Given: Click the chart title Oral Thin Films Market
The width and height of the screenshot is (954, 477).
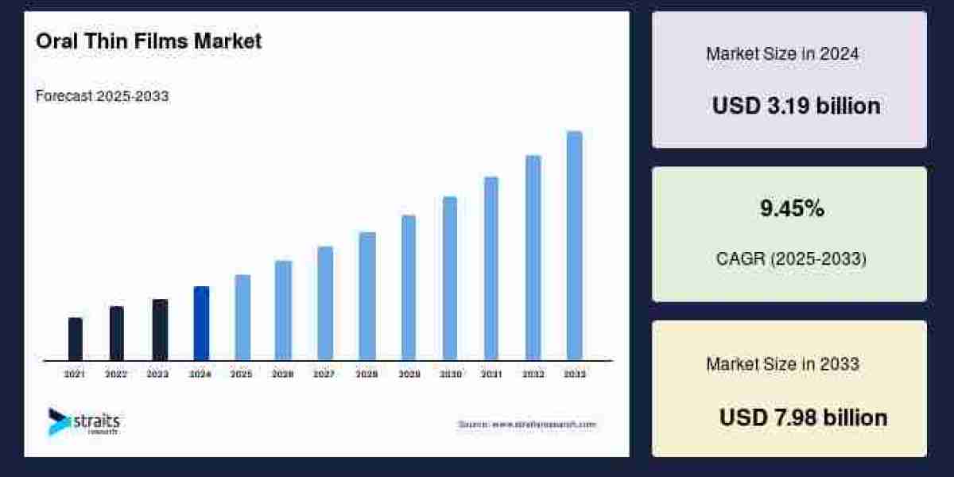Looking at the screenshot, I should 149,41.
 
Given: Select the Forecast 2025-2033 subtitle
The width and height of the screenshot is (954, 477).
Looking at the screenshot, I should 102,96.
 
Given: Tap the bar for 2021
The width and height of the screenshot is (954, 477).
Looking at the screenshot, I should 76,339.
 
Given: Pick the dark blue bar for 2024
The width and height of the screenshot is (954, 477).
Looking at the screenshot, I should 201,323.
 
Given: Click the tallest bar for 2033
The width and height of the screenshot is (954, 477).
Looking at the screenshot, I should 574,246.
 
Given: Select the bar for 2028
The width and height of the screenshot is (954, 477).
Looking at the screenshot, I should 366,296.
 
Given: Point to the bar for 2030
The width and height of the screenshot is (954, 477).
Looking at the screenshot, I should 450,278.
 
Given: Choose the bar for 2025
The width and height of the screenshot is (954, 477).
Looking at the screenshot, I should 242,317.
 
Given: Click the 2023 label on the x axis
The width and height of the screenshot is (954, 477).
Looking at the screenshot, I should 157,374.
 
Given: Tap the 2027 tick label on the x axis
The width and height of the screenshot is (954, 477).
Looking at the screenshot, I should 324,374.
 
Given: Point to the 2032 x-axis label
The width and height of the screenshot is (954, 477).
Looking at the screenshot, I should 533,374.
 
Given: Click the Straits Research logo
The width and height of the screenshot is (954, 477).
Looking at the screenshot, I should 83,421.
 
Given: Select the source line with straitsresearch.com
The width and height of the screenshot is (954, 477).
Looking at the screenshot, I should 526,425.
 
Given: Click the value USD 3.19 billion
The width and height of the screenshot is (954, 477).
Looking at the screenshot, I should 796,106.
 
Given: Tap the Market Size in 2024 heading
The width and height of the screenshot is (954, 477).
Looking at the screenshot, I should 782,54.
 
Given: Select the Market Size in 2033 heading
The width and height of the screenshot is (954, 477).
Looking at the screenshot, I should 782,364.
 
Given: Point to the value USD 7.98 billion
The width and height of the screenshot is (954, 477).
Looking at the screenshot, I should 803,417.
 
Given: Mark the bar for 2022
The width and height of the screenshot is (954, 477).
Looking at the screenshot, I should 117,333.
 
